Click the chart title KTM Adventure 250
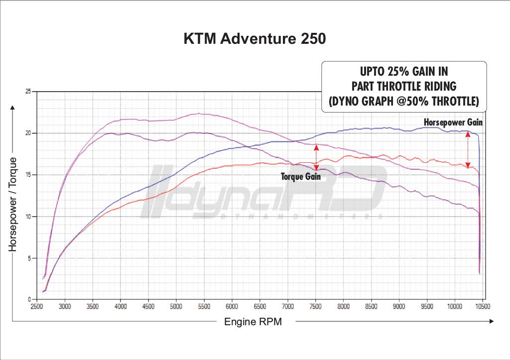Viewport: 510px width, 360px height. [255, 38]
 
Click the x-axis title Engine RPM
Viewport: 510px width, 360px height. [253, 322]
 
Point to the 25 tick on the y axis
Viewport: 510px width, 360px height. [28, 92]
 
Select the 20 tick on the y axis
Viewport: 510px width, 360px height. [28, 133]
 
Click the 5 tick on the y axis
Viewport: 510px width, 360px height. [30, 258]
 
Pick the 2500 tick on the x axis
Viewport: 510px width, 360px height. [37, 307]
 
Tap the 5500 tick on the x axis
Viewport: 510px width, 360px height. [204, 307]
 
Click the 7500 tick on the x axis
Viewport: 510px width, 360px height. [315, 307]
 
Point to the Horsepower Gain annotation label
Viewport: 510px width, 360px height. [453, 121]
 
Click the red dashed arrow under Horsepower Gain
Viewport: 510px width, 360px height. [468, 149]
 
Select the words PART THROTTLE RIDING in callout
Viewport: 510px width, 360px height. [404, 86]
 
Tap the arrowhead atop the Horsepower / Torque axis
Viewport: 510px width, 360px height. [13, 108]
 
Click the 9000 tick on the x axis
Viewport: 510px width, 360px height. [398, 307]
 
